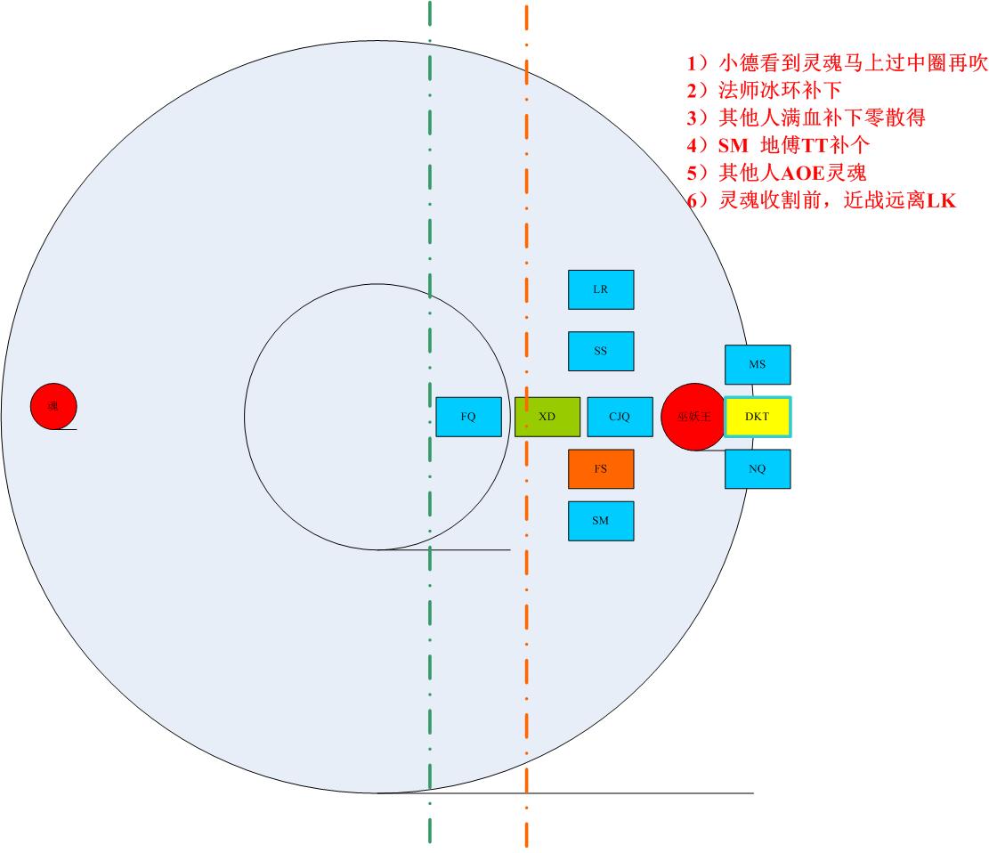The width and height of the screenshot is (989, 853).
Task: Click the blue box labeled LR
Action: coord(601,289)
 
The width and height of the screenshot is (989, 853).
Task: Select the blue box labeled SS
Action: coord(601,351)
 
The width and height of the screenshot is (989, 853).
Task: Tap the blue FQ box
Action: coord(468,417)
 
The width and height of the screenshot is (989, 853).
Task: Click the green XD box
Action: coord(547,417)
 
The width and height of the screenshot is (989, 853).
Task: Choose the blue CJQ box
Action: coord(620,417)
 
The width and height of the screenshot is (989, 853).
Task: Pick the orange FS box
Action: coord(601,469)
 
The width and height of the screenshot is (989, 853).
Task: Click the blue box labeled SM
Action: coord(601,521)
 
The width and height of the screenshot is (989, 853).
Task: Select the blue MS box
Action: coord(758,364)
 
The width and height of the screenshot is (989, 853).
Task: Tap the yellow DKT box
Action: coord(758,417)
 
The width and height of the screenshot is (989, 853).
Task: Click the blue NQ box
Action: coord(758,469)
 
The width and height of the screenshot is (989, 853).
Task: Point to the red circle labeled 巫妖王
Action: coord(693,417)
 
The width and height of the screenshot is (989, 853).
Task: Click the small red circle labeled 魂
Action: coord(53,406)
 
